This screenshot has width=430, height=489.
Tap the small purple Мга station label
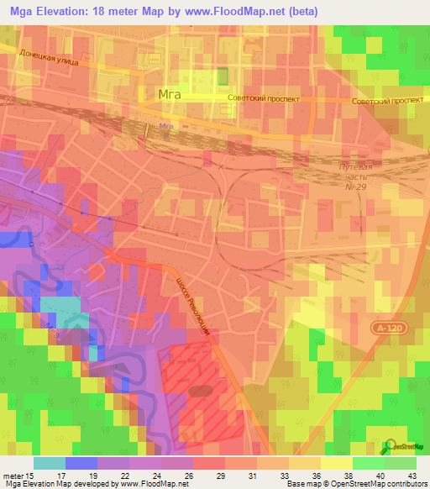165,127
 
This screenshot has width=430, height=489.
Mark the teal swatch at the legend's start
50,463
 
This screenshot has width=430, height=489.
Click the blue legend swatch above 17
81,463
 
